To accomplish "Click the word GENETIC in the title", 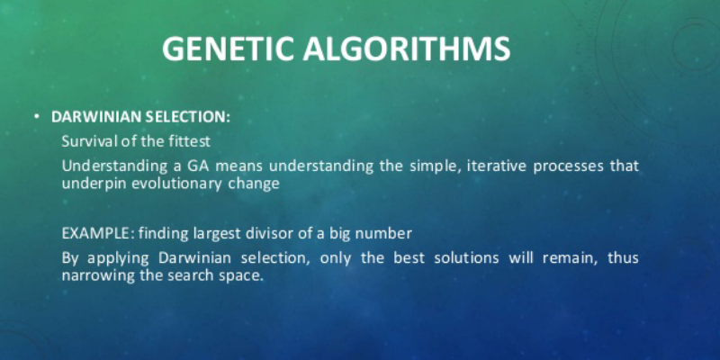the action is click(228, 49).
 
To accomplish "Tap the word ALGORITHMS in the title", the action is click(407, 49).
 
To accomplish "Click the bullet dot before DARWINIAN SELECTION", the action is click(37, 117).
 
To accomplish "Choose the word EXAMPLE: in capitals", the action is click(98, 234).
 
